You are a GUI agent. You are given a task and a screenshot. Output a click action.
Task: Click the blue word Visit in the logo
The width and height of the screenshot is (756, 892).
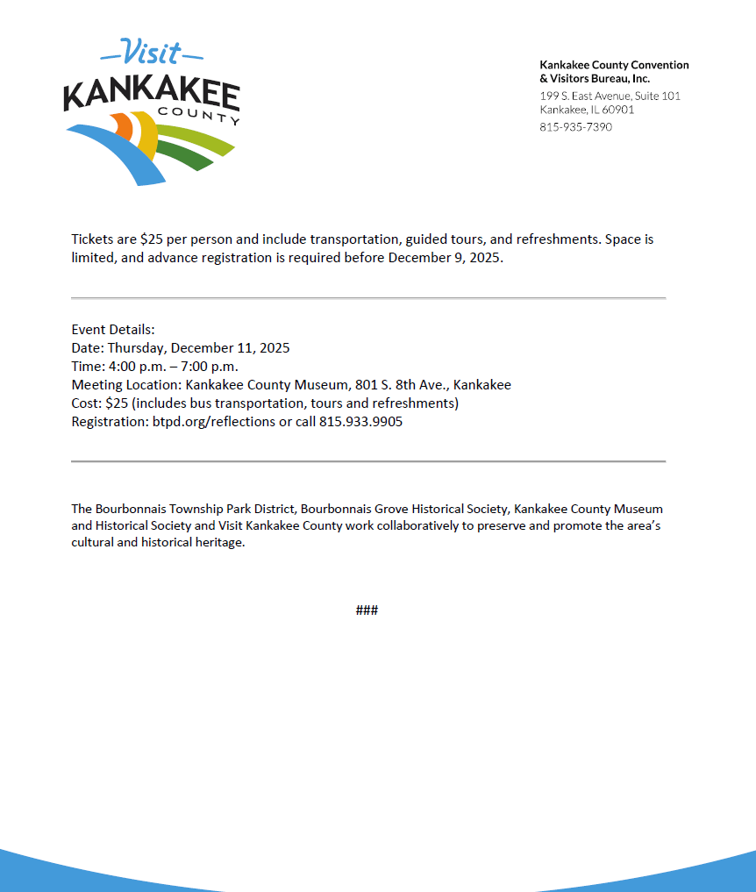152,53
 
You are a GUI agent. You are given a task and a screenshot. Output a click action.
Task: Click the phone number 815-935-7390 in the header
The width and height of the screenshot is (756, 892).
575,127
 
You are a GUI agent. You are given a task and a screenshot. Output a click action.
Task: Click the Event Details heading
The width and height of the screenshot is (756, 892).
113,330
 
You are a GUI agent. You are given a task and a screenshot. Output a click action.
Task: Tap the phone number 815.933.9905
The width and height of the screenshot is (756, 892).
360,422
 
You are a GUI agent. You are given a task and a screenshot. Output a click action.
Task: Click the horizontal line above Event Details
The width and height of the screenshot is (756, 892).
368,299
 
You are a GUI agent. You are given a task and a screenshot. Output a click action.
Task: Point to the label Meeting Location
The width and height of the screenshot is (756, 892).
125,385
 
